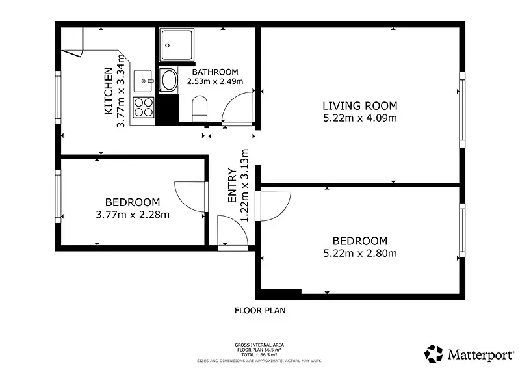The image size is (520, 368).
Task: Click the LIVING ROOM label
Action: (x=360, y=106)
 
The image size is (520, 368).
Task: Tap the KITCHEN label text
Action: (x=109, y=91)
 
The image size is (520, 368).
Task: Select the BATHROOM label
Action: (x=215, y=72)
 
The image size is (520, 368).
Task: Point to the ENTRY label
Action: (x=232, y=186)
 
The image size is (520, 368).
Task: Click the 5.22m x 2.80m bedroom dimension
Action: (x=360, y=253)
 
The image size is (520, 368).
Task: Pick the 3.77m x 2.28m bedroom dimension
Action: (x=133, y=215)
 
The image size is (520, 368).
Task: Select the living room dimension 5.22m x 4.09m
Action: (x=360, y=118)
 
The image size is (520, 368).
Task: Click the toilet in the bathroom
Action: (x=200, y=109)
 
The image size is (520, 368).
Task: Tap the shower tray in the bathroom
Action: (x=176, y=45)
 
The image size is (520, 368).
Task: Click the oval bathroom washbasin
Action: (x=168, y=79)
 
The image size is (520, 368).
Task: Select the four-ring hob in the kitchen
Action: (x=144, y=107)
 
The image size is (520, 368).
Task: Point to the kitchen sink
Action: (x=143, y=81)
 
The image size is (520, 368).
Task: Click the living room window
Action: (x=462, y=109)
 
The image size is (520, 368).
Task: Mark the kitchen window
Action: (x=58, y=98)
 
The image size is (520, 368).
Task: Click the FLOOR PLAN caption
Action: (x=260, y=311)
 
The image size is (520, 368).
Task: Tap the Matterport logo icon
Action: (x=434, y=354)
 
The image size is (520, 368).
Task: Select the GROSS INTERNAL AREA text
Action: (x=259, y=345)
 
